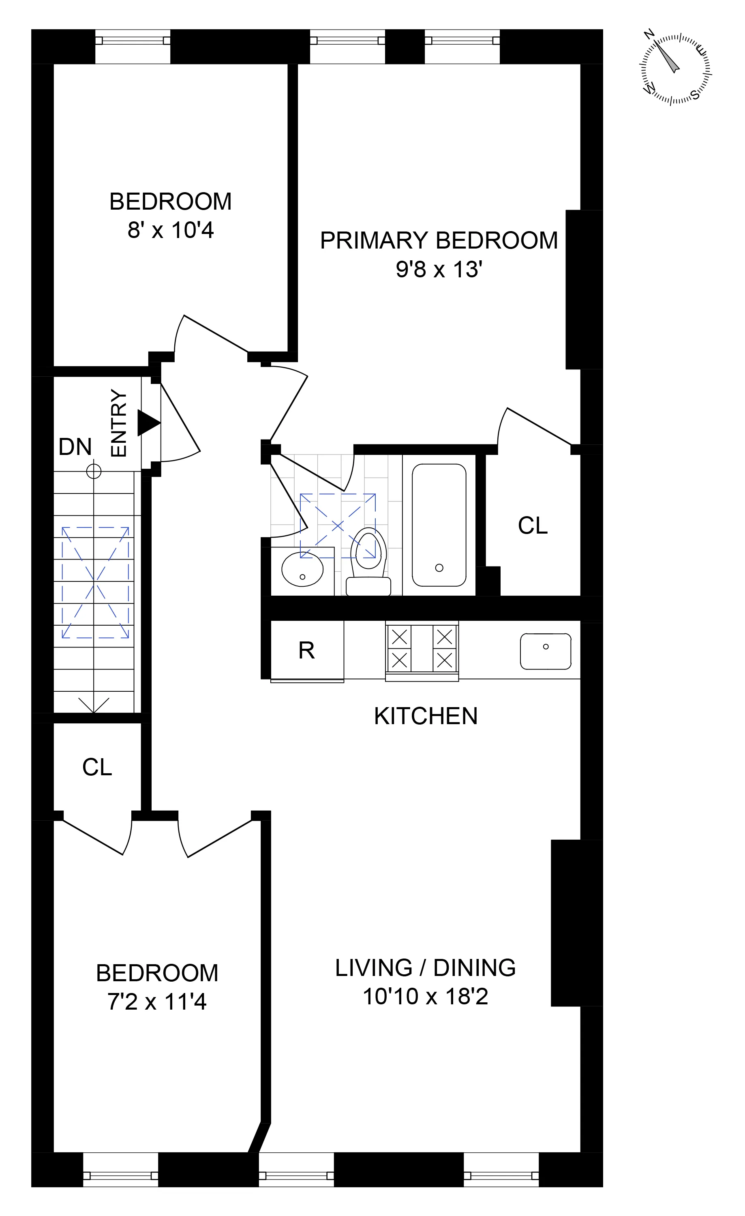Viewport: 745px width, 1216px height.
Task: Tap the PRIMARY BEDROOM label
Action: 439,241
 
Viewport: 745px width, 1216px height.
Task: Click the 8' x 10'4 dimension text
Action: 171,230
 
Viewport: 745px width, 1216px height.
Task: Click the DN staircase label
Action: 75,447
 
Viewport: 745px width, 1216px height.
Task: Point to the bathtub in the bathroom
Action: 439,525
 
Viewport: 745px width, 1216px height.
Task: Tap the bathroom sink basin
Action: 302,570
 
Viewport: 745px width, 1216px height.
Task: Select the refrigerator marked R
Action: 307,650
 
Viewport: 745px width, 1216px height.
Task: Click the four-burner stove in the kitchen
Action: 422,650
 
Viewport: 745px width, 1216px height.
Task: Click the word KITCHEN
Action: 425,716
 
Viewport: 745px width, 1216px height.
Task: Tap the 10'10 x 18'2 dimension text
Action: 425,996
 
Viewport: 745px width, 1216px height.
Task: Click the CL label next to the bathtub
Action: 532,525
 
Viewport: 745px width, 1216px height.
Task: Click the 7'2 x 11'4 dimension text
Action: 157,1002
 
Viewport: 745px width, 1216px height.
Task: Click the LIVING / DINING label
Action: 425,968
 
